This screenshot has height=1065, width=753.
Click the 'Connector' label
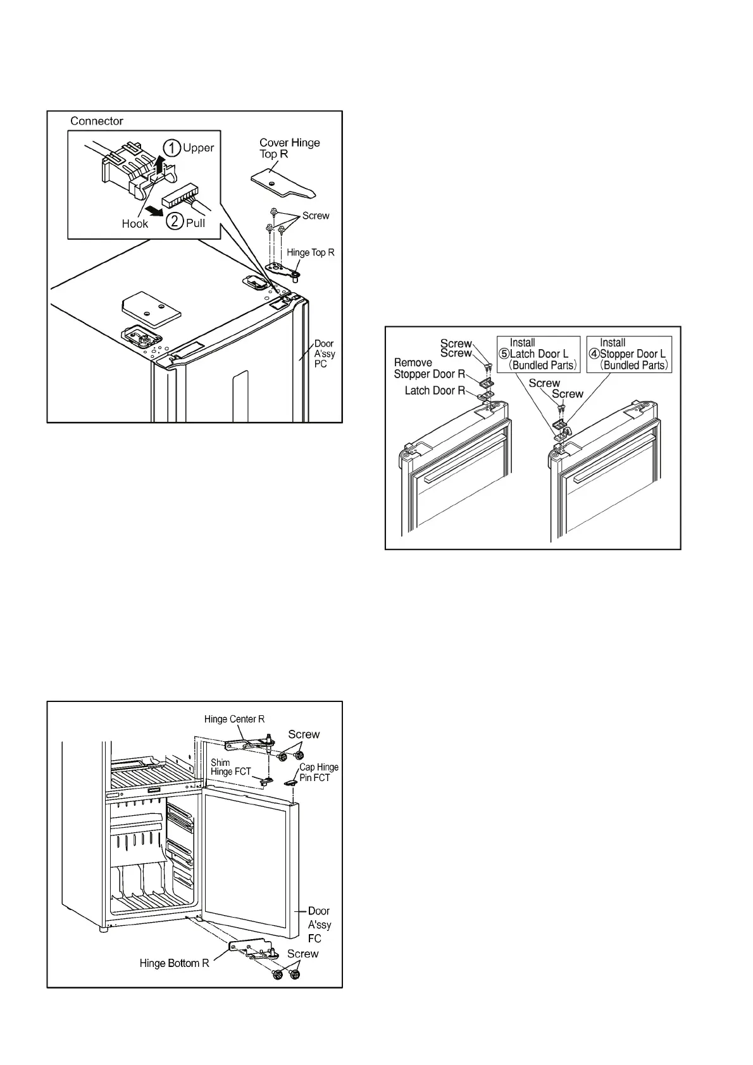[96, 121]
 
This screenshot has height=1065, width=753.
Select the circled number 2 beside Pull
[175, 223]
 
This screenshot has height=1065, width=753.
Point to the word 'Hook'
[135, 223]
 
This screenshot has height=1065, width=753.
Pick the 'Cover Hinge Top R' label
[289, 148]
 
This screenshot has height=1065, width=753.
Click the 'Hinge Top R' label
[310, 252]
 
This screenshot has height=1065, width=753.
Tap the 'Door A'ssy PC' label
[324, 354]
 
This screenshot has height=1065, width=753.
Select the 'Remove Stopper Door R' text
[429, 368]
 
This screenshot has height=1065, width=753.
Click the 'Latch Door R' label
[435, 391]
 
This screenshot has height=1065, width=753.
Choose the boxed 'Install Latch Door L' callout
[538, 354]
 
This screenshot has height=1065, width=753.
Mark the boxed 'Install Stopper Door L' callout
[629, 354]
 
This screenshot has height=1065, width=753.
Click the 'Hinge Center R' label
[234, 719]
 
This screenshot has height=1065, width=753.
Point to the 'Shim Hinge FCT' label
[230, 767]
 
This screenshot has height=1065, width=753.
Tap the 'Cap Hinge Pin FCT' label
[318, 772]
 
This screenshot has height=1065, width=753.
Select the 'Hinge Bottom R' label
[174, 963]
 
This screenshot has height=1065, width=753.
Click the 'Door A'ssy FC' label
[319, 925]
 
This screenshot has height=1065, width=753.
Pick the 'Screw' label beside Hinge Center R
[304, 734]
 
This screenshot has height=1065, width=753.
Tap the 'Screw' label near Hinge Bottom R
[302, 954]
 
